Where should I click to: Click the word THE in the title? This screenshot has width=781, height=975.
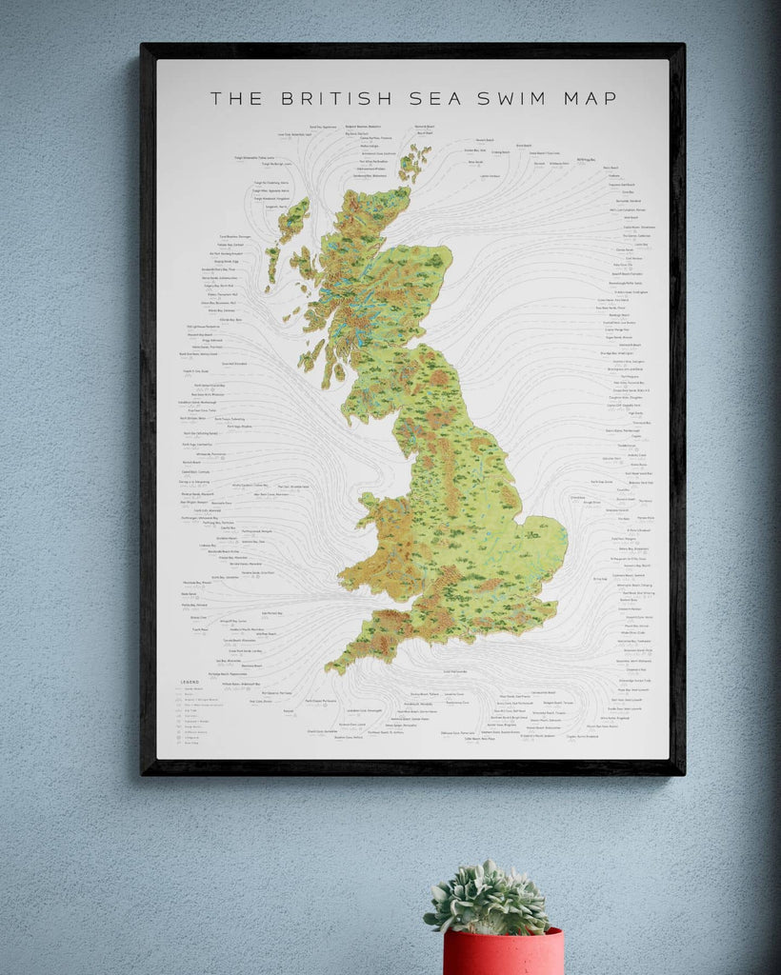(233, 98)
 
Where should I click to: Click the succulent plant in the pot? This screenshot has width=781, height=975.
(489, 898)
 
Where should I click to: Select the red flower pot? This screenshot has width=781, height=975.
(502, 951)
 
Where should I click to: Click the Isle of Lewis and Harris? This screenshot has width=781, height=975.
(291, 219)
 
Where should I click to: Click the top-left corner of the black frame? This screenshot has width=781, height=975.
(143, 45)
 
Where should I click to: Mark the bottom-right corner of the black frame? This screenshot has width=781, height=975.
(682, 772)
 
